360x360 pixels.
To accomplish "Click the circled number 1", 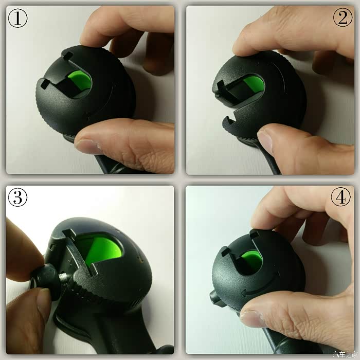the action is click(17, 18).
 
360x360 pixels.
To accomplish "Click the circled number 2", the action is click(343, 17).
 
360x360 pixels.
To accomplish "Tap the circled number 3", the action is click(17, 197).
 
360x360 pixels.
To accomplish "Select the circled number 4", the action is click(340, 197).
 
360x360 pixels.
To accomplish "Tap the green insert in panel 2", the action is click(255, 84).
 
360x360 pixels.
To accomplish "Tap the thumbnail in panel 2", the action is click(265, 140).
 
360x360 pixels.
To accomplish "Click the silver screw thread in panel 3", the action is click(65, 278).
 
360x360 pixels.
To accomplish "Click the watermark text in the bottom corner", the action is click(345, 354).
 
